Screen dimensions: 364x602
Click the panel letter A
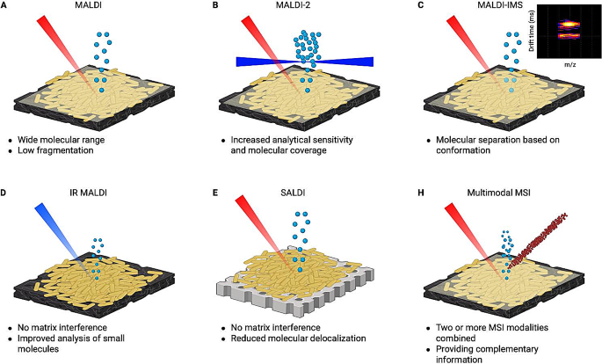point(5,8)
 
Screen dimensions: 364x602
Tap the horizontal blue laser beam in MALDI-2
point(264,62)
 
